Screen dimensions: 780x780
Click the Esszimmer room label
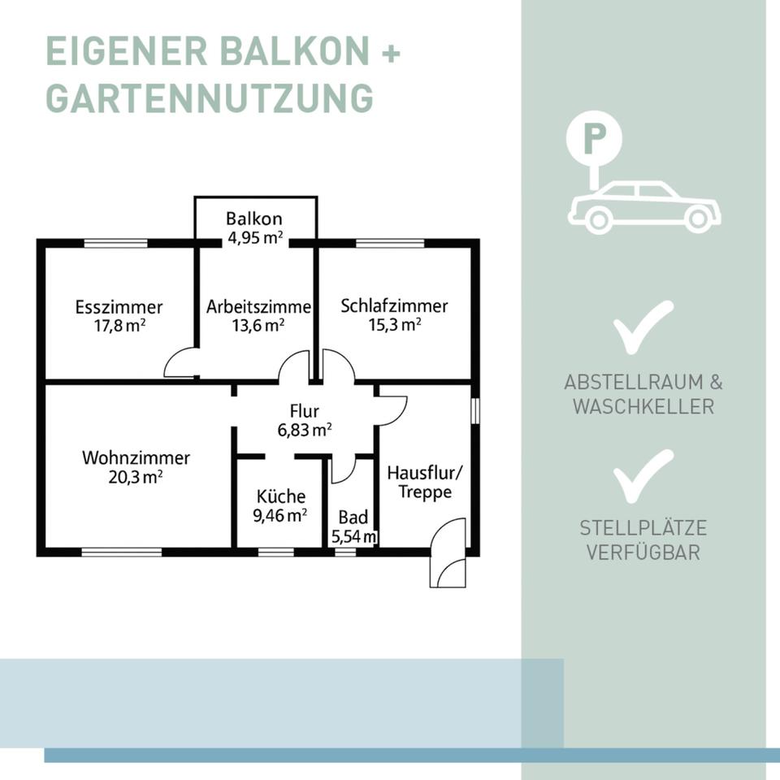[x=119, y=307]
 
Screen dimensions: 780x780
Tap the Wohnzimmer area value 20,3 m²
[x=136, y=477]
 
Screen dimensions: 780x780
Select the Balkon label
[x=254, y=219]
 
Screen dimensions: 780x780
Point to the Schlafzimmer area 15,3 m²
[x=395, y=324]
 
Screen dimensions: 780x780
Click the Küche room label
[x=281, y=496]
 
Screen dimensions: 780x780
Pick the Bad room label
[x=353, y=518]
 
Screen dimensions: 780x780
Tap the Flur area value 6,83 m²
[x=305, y=430]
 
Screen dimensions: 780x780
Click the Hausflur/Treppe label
[x=419, y=483]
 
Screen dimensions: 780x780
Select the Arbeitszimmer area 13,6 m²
[x=258, y=325]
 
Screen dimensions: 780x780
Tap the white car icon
[x=643, y=207]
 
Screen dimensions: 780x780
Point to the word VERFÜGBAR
[x=643, y=553]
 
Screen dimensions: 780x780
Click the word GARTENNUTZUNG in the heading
[x=210, y=97]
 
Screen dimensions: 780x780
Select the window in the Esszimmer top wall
[x=116, y=242]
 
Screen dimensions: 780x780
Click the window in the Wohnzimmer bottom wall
[x=122, y=552]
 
